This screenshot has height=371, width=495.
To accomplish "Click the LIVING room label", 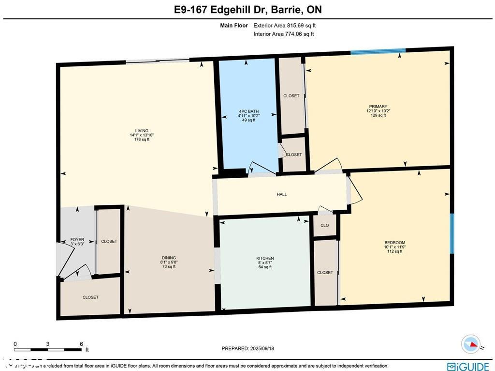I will (142, 130).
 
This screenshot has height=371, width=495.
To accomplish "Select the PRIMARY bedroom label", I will (378, 107).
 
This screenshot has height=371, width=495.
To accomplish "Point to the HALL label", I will (282, 194).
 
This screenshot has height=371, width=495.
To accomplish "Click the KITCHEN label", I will (265, 258).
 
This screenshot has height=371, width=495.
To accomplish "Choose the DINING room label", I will (169, 258).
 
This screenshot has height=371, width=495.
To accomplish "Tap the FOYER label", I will (77, 240).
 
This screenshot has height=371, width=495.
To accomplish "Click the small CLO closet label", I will (325, 225).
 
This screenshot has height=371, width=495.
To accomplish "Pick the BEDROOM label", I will (394, 243).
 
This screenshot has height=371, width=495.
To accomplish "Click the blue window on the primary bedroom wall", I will (378, 51).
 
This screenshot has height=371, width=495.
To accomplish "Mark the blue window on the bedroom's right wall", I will (452, 233).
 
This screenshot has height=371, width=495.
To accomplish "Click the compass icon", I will (471, 344).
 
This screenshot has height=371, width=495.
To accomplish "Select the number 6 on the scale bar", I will (81, 344).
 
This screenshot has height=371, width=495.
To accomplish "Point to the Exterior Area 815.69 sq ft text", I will (285, 26).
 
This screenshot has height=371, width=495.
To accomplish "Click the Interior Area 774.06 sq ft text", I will (284, 34).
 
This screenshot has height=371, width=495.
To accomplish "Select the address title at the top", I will (247, 10).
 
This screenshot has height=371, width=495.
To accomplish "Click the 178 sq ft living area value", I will (142, 139).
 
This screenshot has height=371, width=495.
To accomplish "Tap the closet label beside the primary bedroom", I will (291, 96).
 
